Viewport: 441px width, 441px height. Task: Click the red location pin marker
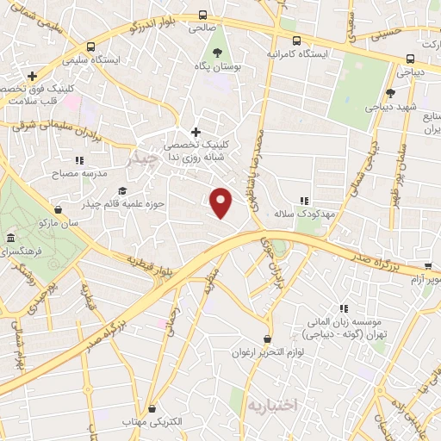click(x=221, y=202)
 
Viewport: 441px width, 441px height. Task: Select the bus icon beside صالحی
click(x=203, y=15)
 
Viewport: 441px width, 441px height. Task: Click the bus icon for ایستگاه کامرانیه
click(x=296, y=40)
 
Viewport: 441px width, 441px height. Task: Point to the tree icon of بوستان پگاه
click(x=204, y=53)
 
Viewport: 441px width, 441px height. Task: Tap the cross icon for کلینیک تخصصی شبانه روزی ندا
click(x=196, y=132)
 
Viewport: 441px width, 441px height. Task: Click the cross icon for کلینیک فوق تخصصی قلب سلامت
click(x=33, y=76)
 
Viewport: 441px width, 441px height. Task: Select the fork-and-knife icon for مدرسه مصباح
click(x=79, y=160)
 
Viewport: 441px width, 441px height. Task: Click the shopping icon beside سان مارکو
click(x=58, y=209)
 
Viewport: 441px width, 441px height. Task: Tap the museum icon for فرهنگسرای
click(x=10, y=238)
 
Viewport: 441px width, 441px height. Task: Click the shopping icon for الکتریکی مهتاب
click(x=152, y=408)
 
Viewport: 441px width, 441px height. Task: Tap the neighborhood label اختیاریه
click(x=270, y=404)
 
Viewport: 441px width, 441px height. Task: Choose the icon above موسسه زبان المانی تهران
click(x=343, y=307)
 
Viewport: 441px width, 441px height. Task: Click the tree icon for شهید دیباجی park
click(x=390, y=93)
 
